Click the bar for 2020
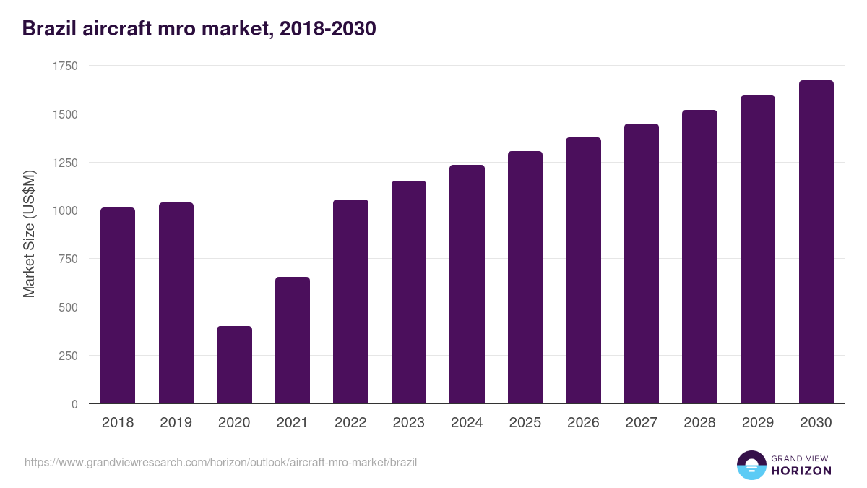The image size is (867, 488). point(234,365)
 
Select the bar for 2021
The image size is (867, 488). point(293,341)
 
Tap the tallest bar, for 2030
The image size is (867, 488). point(816,242)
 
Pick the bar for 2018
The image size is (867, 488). point(118,306)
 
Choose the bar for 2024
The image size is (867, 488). point(467,284)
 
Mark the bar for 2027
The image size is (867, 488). point(642,264)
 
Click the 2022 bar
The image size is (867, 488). point(350,301)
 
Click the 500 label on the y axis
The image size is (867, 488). point(68,307)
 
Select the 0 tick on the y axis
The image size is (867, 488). point(74,404)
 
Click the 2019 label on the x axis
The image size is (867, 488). point(176,423)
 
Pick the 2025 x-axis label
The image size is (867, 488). point(525,423)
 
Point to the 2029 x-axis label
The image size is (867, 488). point(757,423)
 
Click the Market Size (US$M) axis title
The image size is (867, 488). point(29,234)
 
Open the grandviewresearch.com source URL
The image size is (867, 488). point(221,462)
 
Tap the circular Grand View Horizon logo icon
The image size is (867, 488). point(751,465)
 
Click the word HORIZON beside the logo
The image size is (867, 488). point(801,471)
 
